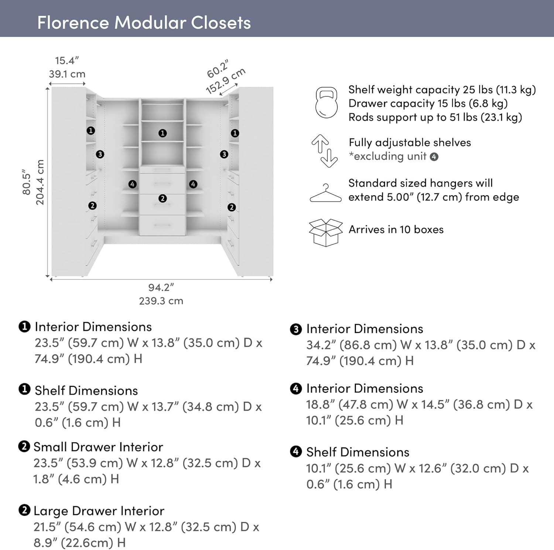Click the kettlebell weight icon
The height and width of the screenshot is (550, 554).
(326, 103)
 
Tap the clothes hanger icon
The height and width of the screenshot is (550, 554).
(325, 193)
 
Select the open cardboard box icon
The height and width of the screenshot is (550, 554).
(325, 232)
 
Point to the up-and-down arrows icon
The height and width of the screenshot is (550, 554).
(324, 151)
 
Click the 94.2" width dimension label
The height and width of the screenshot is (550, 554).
(161, 287)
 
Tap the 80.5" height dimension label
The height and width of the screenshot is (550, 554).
(27, 182)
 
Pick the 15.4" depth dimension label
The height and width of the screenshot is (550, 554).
(67, 61)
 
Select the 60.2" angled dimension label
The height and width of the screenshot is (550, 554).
(218, 69)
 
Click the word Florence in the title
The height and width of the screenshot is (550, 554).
(73, 23)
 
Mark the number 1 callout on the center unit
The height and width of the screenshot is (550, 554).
(163, 133)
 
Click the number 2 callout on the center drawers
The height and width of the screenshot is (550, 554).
(163, 199)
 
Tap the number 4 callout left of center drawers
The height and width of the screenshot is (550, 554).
(132, 184)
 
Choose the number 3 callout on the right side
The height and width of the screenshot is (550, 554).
(224, 154)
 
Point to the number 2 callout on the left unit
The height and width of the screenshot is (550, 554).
(92, 206)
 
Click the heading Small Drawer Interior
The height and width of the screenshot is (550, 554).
(98, 447)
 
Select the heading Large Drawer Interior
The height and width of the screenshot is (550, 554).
(99, 511)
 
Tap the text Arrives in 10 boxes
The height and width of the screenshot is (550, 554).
(396, 229)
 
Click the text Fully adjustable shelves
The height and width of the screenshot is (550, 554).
(410, 143)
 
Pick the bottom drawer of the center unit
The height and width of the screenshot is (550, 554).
(162, 225)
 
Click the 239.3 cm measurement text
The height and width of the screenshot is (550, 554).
(161, 301)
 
